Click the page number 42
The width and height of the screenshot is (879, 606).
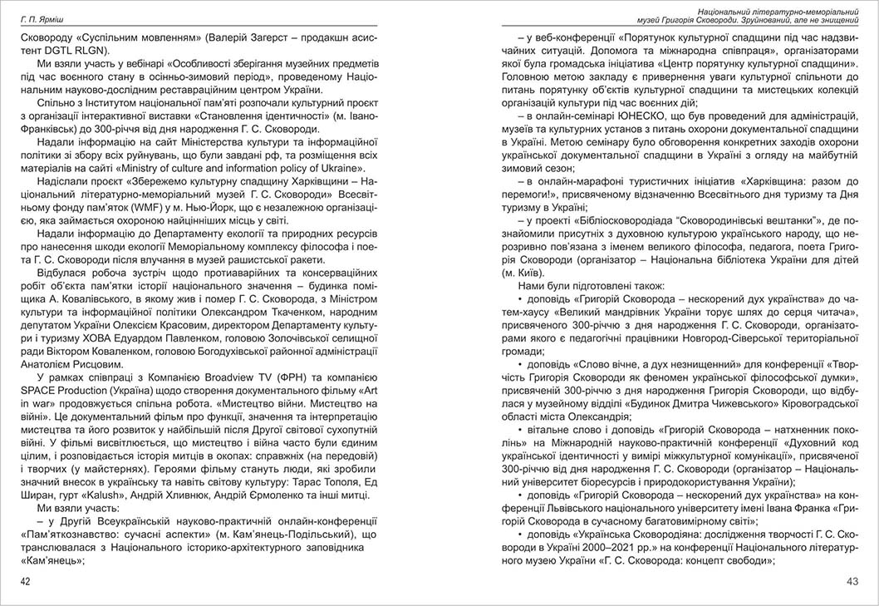(x=26, y=581)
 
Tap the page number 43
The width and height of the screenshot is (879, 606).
(x=852, y=581)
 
